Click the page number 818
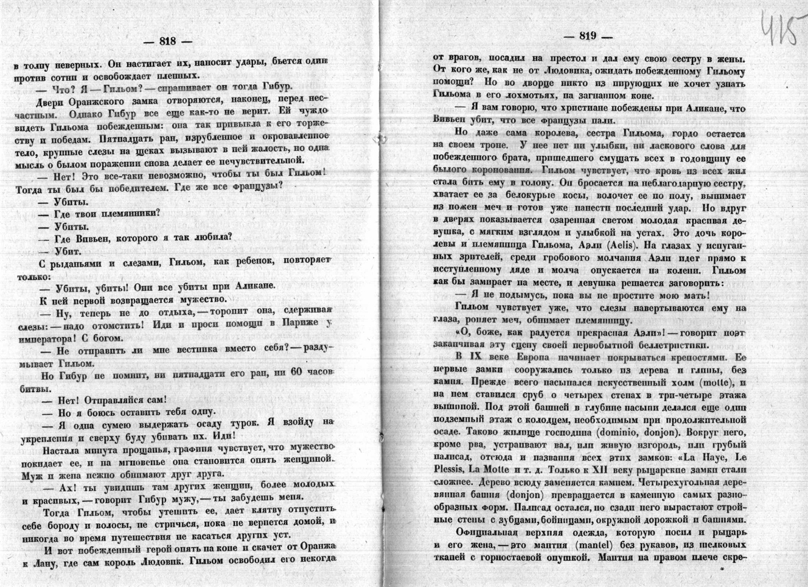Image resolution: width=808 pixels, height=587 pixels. tap(167, 41)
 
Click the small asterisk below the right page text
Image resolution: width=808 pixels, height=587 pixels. tap(722, 569)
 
